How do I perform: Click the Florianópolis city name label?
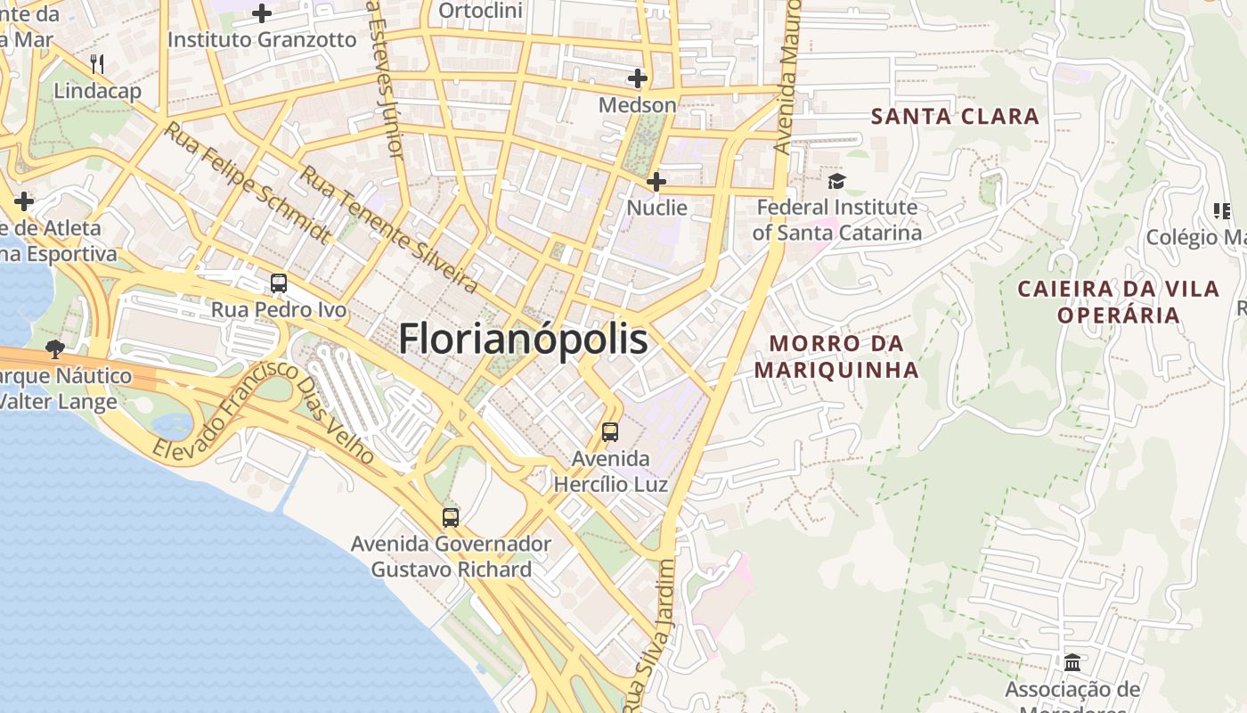[x=523, y=340]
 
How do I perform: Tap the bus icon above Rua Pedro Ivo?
[x=279, y=283]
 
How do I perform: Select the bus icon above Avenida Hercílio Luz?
[x=610, y=432]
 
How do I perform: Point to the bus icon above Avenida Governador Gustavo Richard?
[x=451, y=517]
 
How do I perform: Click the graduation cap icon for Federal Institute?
[x=836, y=182]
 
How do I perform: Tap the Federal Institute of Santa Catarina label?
[x=835, y=220]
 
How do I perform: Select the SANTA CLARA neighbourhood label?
[x=955, y=116]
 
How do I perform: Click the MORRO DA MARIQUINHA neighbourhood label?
[x=836, y=356]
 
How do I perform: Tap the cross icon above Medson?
[x=637, y=78]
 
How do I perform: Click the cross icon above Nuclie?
[x=656, y=182]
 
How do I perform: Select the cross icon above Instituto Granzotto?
[x=262, y=13]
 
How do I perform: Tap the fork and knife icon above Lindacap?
[x=97, y=64]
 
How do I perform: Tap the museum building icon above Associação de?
[x=1072, y=663]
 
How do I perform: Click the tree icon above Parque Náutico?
[x=55, y=348]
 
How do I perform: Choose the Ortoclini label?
[x=481, y=12]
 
